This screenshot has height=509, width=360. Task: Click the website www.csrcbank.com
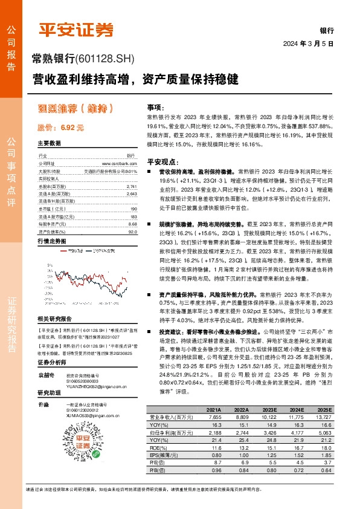point(126,163)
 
